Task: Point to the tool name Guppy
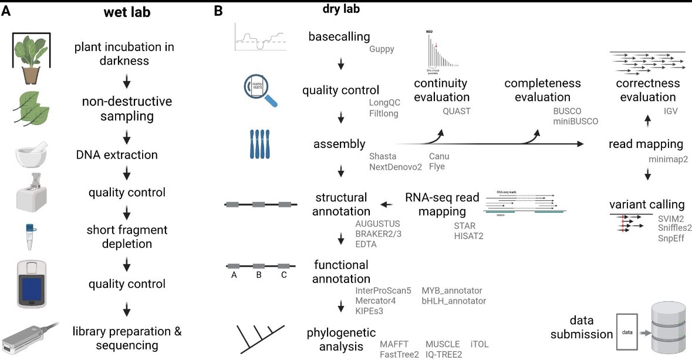(x=382, y=49)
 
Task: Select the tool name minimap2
(x=669, y=159)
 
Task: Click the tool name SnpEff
(x=671, y=238)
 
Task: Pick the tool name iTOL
(x=479, y=344)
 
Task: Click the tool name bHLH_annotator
(x=454, y=301)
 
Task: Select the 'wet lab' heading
(x=124, y=12)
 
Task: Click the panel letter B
(x=218, y=11)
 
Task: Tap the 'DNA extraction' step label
(x=117, y=156)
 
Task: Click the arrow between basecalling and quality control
(x=340, y=64)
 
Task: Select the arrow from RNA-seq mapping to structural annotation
(x=387, y=204)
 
